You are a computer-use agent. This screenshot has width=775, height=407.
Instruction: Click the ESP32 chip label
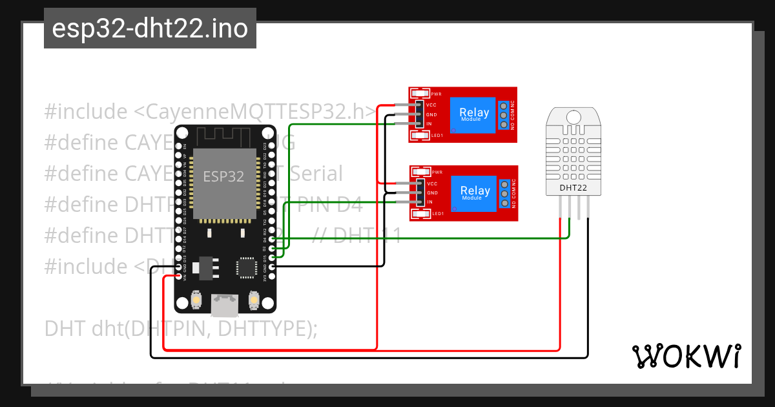click(223, 176)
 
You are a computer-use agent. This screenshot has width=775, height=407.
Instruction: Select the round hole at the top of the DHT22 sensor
click(573, 117)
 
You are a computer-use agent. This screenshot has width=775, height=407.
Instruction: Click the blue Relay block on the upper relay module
click(475, 114)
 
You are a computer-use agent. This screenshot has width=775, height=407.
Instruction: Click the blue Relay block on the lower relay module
click(475, 192)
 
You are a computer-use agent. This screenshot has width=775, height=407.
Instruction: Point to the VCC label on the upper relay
click(431, 105)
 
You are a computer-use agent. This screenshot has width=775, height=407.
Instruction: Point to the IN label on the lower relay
click(429, 202)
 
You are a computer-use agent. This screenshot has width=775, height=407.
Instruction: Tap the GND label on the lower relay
click(432, 193)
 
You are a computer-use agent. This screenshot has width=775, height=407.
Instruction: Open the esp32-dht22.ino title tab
click(150, 28)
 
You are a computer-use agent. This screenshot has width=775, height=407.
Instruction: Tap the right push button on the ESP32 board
click(253, 300)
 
